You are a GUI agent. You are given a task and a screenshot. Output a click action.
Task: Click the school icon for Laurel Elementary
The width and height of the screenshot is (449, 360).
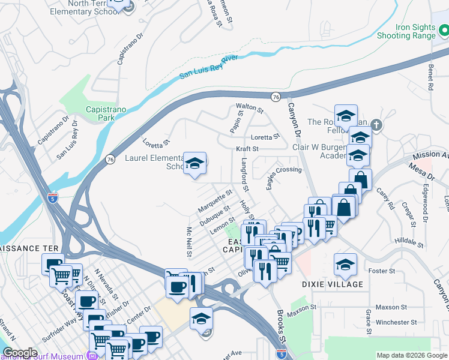194,163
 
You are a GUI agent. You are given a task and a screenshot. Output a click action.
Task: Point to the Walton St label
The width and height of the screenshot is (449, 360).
250,108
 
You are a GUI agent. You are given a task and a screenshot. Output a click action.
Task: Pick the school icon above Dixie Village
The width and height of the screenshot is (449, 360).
345,264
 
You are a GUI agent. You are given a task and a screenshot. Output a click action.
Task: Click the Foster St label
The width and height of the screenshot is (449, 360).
382,271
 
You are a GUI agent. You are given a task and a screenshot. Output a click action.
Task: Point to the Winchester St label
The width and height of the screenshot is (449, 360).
396,322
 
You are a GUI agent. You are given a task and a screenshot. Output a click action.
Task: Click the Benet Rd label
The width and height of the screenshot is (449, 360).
430,78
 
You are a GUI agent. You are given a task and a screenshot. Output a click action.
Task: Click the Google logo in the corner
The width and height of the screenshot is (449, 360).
20,353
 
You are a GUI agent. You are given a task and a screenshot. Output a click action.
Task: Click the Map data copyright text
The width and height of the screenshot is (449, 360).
412,355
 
